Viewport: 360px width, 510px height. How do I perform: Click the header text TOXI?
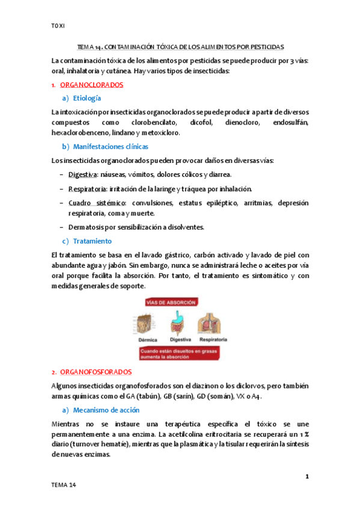click(x=58, y=26)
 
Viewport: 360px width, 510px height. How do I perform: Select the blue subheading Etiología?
click(x=86, y=98)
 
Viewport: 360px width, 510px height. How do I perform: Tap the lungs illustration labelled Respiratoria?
click(x=212, y=323)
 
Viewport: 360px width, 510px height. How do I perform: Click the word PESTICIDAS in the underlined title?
click(x=267, y=46)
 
